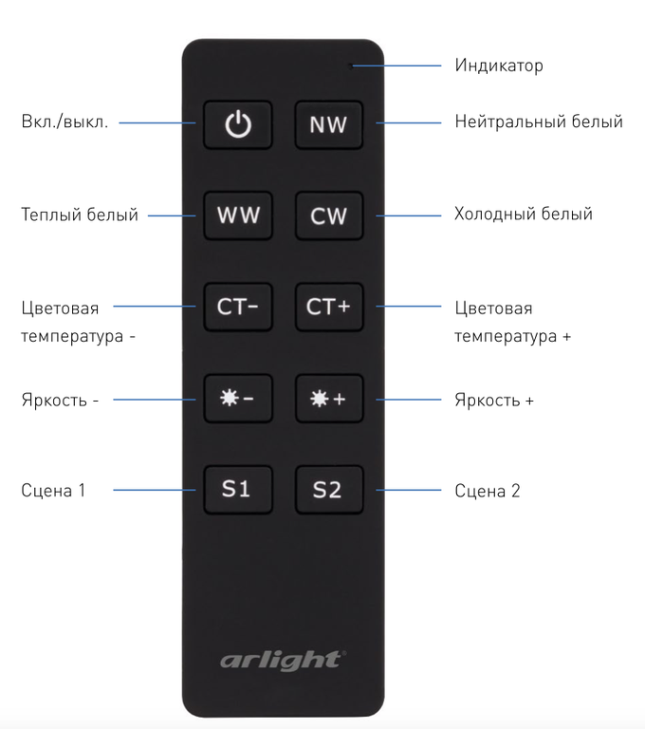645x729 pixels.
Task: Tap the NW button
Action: tap(329, 124)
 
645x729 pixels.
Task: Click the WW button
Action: tap(238, 215)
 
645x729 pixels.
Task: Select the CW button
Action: tap(329, 215)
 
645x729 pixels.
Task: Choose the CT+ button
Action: tap(329, 307)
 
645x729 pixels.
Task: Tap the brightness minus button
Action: tap(238, 399)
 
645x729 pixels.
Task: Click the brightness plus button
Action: tap(329, 399)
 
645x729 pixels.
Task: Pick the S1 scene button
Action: tap(238, 490)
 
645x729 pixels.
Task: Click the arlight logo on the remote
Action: tap(283, 661)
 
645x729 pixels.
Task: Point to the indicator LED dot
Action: tap(351, 66)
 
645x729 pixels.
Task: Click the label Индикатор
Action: tap(499, 65)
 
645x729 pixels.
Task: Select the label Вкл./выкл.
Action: tap(64, 121)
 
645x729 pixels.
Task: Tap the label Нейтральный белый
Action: tap(539, 121)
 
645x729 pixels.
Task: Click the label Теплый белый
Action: tap(80, 215)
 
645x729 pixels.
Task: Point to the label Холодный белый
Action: tap(524, 214)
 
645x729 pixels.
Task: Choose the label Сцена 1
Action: tap(53, 491)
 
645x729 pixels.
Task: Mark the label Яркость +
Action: tap(494, 400)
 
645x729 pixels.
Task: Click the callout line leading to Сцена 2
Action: tap(409, 490)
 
